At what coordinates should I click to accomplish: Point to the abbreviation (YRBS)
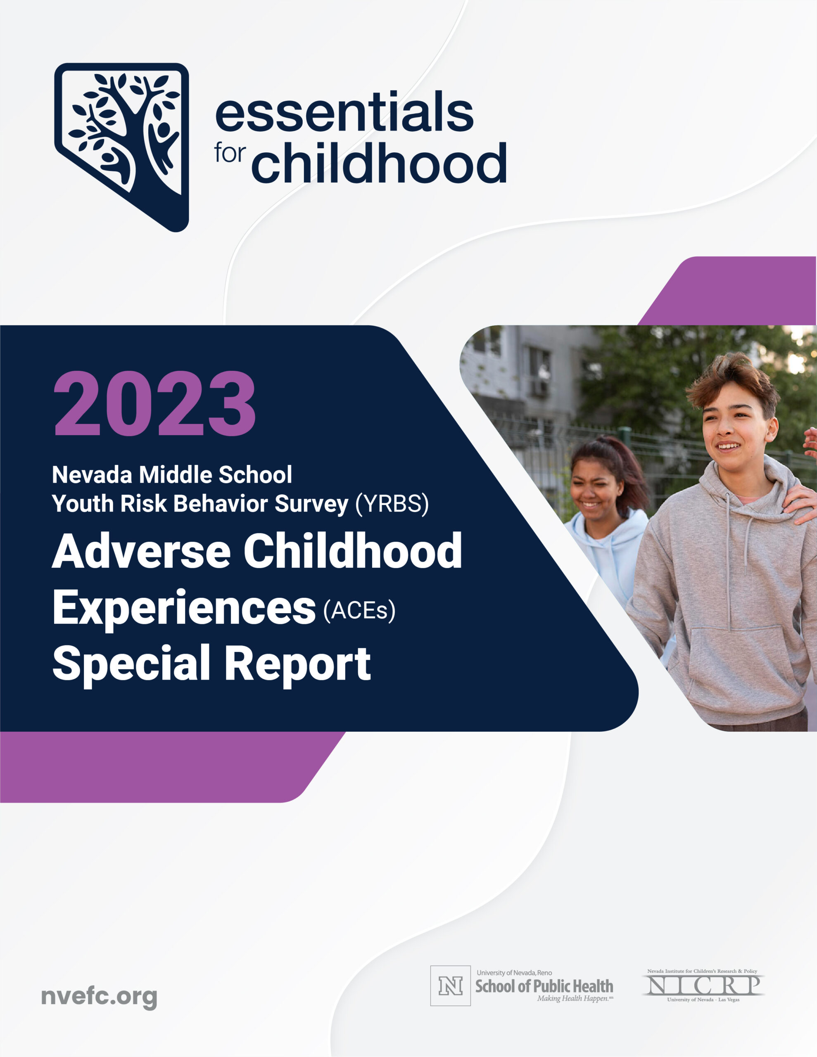click(392, 504)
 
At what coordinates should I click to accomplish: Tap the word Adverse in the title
click(141, 551)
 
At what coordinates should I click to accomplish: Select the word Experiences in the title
click(184, 608)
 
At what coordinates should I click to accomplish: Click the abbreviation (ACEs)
click(359, 611)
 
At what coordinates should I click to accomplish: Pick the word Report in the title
click(297, 663)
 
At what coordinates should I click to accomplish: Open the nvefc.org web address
click(99, 997)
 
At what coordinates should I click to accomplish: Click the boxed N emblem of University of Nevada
click(450, 986)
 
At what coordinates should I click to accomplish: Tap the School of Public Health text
click(544, 986)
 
